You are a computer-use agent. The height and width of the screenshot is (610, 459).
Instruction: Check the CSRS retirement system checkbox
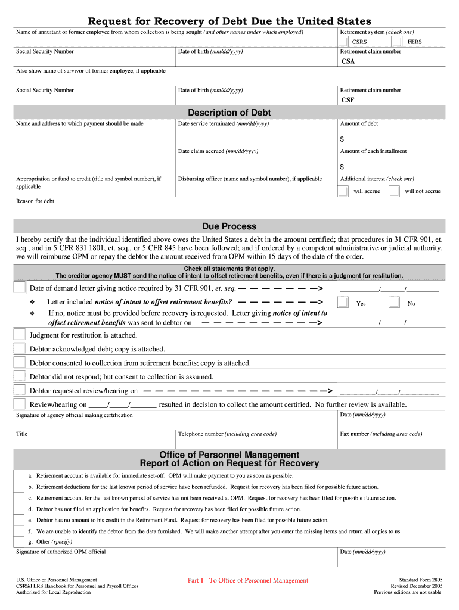coord(343,42)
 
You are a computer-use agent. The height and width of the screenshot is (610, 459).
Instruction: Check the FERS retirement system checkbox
coord(397,42)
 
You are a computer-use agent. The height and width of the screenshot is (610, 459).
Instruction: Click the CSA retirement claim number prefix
coord(348,61)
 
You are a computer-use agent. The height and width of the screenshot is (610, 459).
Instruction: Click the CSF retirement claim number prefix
coord(348,100)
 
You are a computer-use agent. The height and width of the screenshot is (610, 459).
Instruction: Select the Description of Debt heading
coord(229,113)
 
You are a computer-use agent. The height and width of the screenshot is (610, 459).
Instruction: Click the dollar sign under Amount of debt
coord(342,139)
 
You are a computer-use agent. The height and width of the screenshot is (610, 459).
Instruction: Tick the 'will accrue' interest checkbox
coord(343,191)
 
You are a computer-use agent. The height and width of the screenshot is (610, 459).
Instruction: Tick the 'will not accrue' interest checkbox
coord(394,191)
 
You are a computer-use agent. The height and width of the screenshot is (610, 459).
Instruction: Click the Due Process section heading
coord(229,226)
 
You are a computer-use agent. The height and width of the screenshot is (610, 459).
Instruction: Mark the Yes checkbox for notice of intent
coord(343,303)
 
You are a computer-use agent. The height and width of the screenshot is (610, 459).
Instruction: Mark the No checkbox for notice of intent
coord(394,303)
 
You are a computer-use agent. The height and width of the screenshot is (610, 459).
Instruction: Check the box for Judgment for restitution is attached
coord(20,335)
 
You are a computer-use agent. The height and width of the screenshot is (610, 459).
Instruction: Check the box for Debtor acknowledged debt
coord(20,348)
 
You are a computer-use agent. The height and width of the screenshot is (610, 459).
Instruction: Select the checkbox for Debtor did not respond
coord(20,376)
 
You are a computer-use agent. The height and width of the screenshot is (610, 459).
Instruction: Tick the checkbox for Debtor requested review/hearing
coord(20,390)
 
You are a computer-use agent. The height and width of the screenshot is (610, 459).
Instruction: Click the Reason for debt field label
coord(35,201)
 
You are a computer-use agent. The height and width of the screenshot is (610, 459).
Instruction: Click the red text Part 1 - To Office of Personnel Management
coord(248,580)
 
